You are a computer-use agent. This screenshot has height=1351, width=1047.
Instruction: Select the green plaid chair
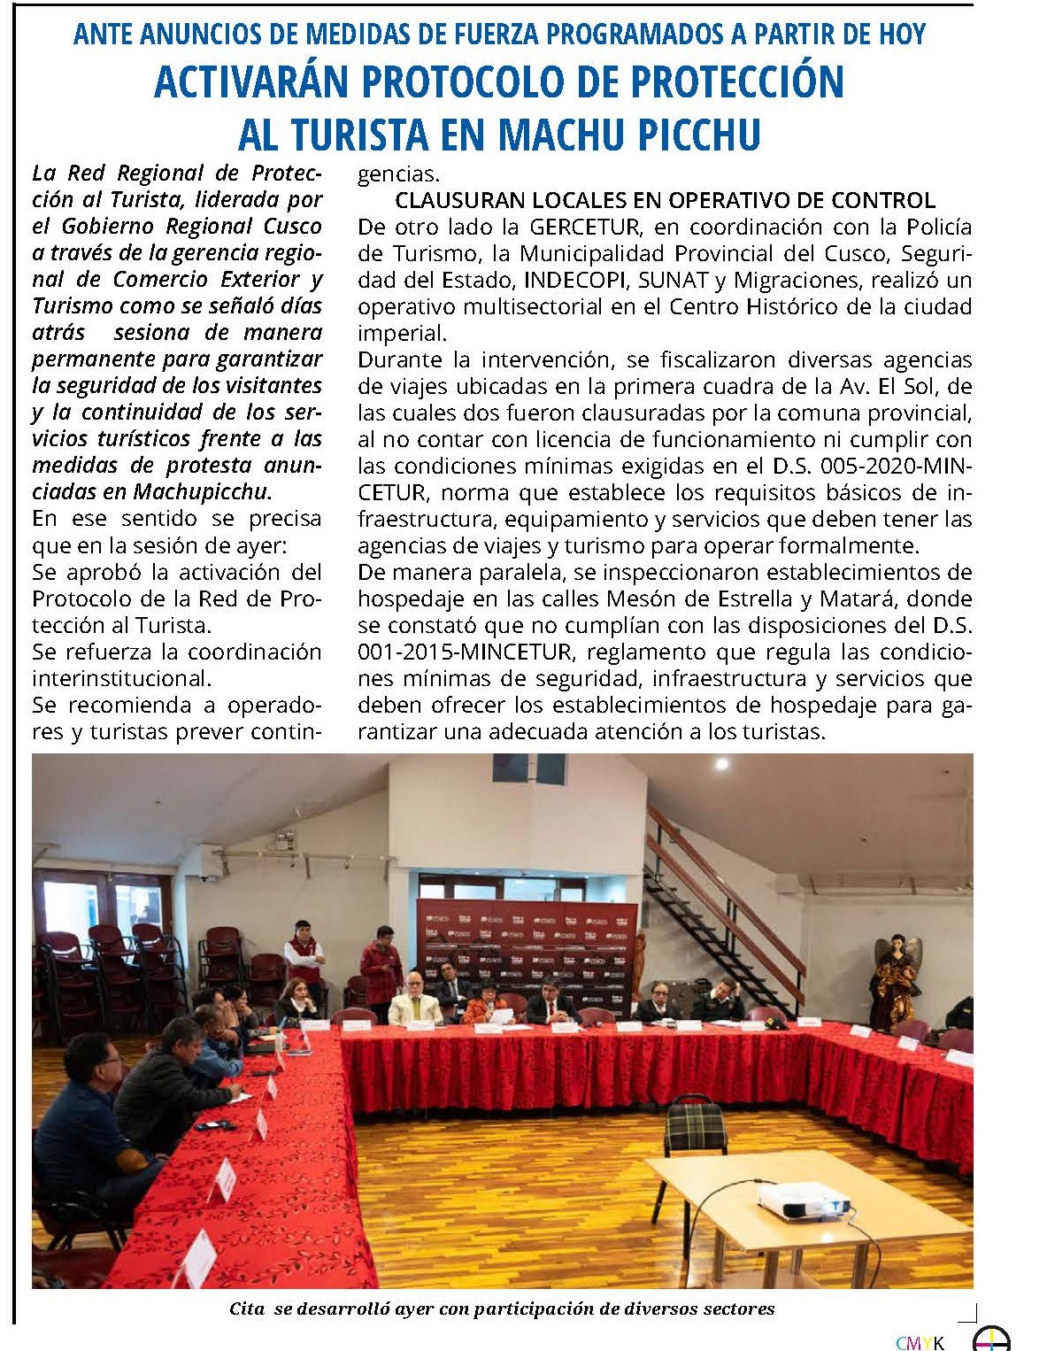tap(695, 1127)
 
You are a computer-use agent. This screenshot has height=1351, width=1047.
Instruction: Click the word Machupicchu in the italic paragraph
tap(201, 491)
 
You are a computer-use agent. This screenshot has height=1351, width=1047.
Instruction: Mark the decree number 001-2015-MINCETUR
tap(456, 652)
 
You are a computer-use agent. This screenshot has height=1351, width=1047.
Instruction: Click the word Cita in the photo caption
tap(247, 1309)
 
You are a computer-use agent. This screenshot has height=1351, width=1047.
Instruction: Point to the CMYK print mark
tap(920, 1343)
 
